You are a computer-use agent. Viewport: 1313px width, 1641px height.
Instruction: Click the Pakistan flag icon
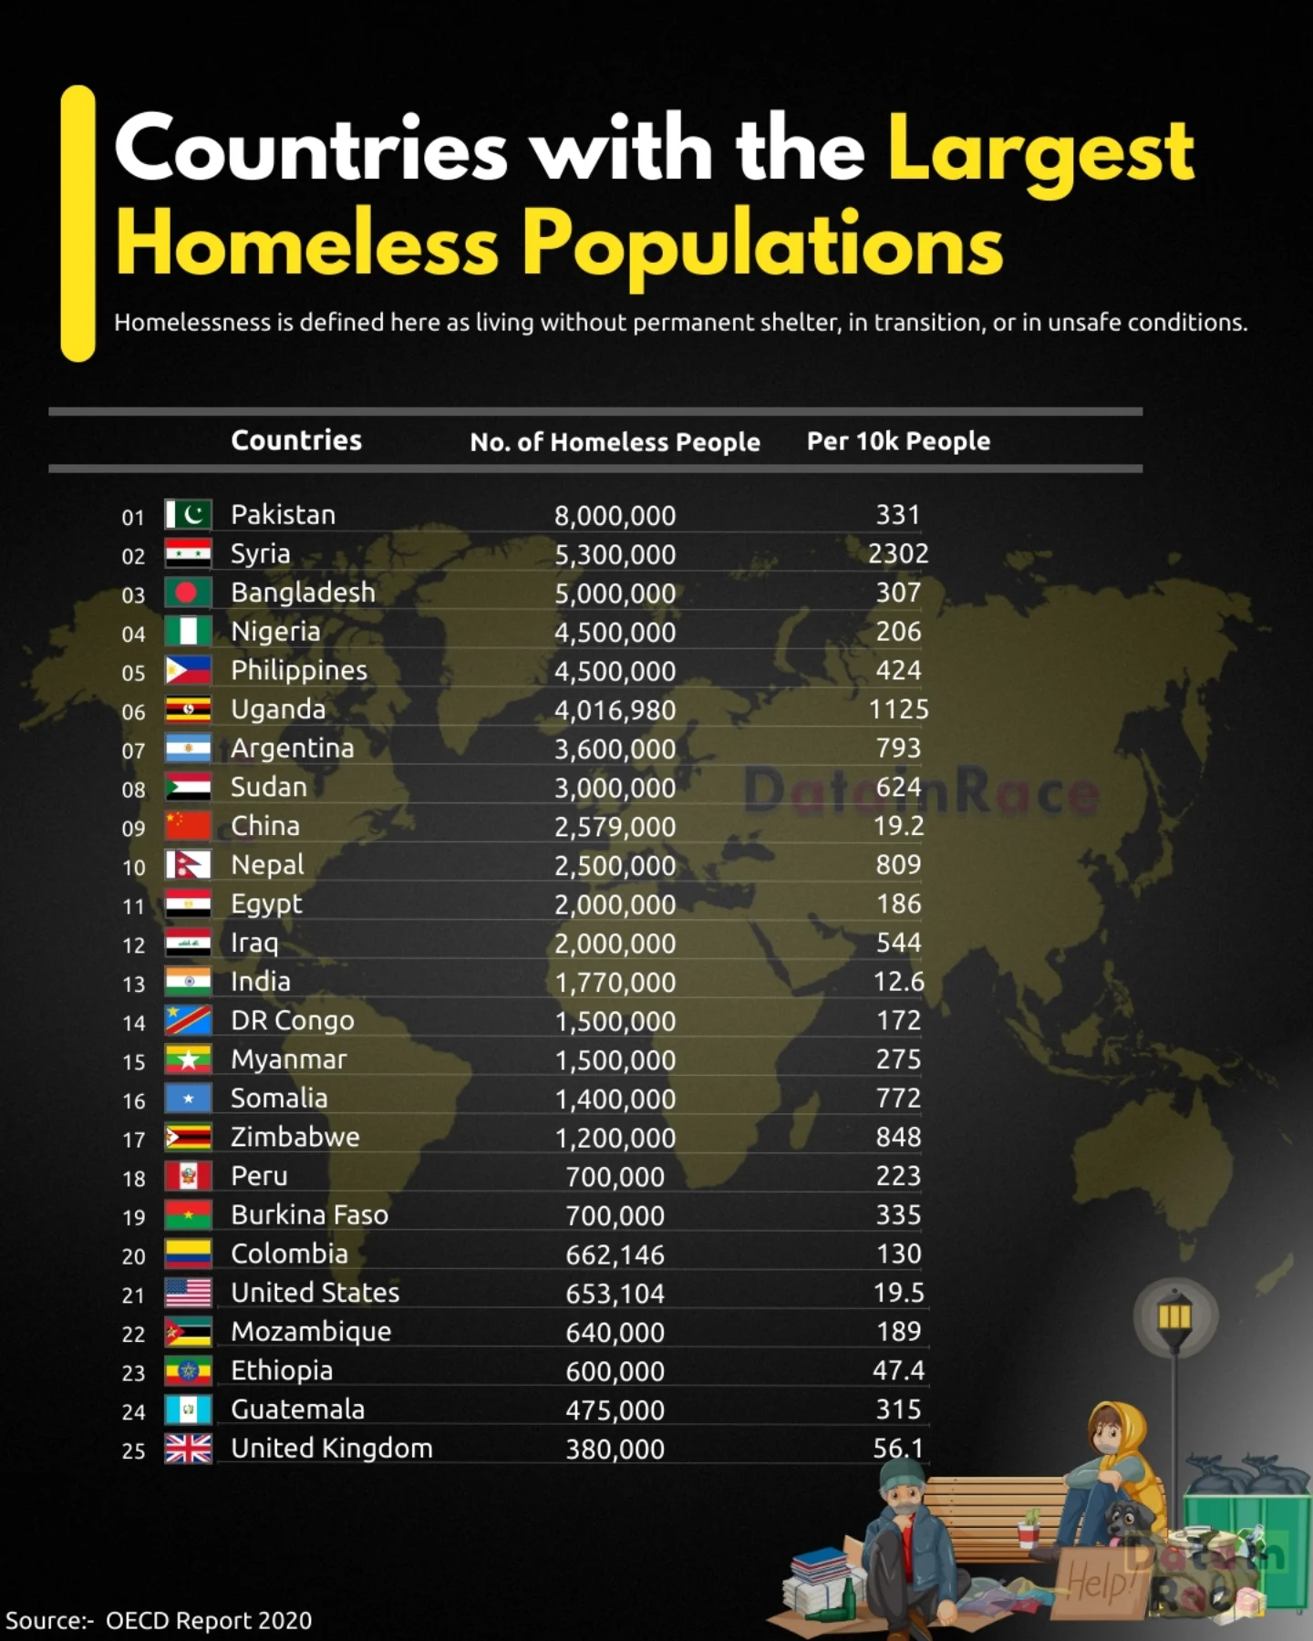click(x=188, y=514)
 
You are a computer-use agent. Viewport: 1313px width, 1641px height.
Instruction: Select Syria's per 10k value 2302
click(x=898, y=553)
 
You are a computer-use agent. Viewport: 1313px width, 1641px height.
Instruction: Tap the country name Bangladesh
click(x=303, y=593)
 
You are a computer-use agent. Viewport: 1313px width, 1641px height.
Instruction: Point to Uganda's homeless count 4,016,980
click(x=615, y=710)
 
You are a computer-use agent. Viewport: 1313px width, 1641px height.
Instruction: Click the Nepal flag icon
click(x=188, y=864)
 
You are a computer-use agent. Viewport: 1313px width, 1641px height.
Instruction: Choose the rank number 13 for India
click(x=134, y=985)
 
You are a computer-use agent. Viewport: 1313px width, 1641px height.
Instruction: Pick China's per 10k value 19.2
click(x=898, y=826)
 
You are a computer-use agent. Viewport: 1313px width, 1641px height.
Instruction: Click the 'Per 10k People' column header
click(x=898, y=441)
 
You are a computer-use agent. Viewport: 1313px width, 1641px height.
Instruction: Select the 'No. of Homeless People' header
click(x=615, y=442)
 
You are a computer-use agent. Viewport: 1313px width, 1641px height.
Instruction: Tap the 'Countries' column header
click(x=296, y=440)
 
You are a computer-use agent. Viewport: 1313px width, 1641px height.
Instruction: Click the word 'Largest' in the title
click(x=1040, y=150)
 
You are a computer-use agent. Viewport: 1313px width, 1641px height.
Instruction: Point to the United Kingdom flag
click(x=188, y=1449)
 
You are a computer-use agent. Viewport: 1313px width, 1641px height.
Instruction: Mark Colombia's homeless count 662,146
click(x=615, y=1254)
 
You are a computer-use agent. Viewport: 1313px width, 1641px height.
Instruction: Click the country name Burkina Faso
click(x=309, y=1215)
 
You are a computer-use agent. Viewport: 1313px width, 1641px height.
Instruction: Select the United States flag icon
click(x=188, y=1293)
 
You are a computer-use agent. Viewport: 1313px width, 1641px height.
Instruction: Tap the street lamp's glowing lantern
click(x=1174, y=1316)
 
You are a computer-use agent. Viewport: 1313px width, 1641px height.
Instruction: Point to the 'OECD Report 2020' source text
click(x=208, y=1621)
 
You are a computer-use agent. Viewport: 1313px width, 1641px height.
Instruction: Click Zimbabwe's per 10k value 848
click(x=898, y=1138)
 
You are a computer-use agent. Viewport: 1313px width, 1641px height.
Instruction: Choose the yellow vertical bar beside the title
click(x=78, y=223)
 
